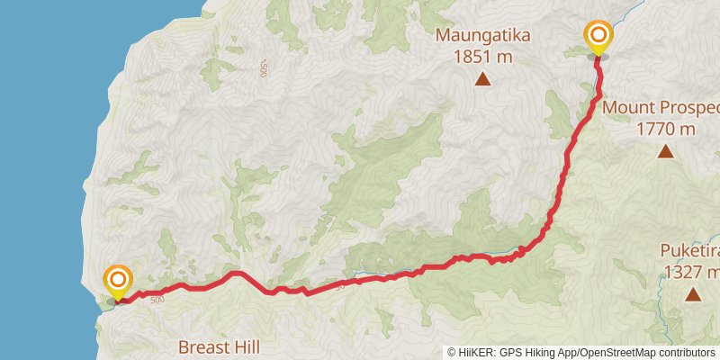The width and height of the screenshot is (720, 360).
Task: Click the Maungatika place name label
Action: pyautogui.click(x=482, y=36)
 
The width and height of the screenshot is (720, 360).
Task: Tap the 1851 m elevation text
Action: pyautogui.click(x=482, y=56)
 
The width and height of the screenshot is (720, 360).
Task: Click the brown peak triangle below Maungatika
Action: pyautogui.click(x=482, y=80)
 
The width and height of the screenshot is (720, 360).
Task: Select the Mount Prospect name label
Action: pyautogui.click(x=661, y=108)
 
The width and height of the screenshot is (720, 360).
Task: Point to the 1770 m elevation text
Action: pyautogui.click(x=666, y=129)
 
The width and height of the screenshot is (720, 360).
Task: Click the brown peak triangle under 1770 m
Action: pyautogui.click(x=665, y=150)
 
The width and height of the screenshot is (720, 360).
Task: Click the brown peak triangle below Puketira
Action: pyautogui.click(x=692, y=293)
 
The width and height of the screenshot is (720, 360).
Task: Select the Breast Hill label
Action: pyautogui.click(x=219, y=346)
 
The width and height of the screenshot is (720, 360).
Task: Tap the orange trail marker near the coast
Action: pyautogui.click(x=118, y=281)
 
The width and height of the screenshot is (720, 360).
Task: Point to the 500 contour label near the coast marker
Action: pyautogui.click(x=157, y=300)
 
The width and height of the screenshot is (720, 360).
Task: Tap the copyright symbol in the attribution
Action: pyautogui.click(x=452, y=353)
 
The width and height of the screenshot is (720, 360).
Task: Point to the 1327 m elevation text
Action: pyautogui.click(x=690, y=271)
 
